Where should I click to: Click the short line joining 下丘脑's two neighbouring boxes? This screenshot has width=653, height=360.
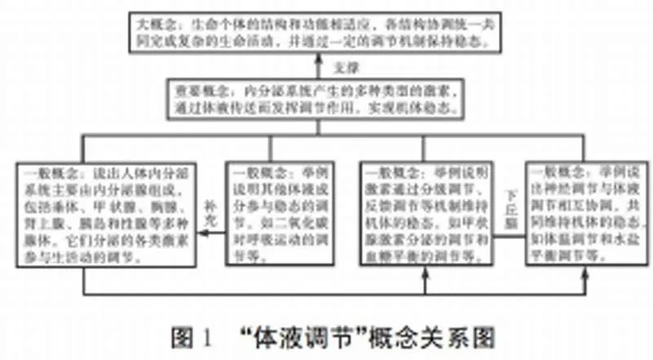[x=512, y=233]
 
